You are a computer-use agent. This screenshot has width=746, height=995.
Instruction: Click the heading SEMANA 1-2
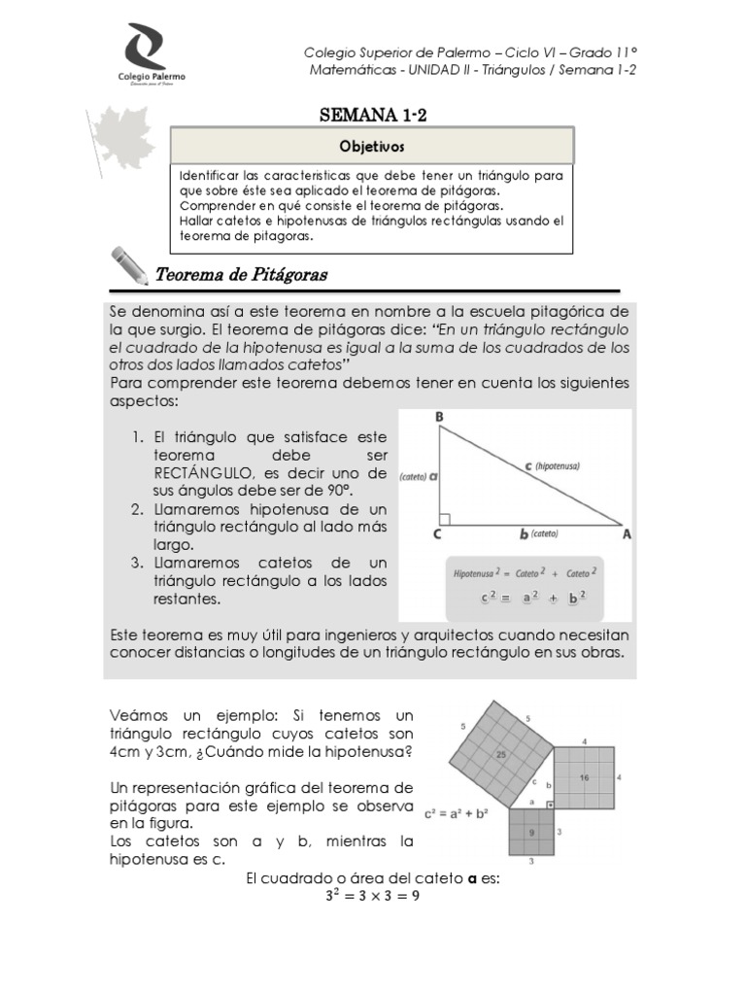374,117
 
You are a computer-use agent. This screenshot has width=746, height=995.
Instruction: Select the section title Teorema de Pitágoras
241,275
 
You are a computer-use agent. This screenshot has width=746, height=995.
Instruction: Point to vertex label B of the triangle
439,417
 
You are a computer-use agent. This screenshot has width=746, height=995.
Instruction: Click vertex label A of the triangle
626,533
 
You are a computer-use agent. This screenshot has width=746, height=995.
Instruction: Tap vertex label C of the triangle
438,533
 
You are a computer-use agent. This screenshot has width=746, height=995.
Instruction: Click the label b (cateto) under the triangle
537,533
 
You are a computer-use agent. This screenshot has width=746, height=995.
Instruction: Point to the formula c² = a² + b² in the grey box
525,598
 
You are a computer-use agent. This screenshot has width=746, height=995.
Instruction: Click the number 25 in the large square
501,754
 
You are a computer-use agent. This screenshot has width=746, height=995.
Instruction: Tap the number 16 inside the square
584,777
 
